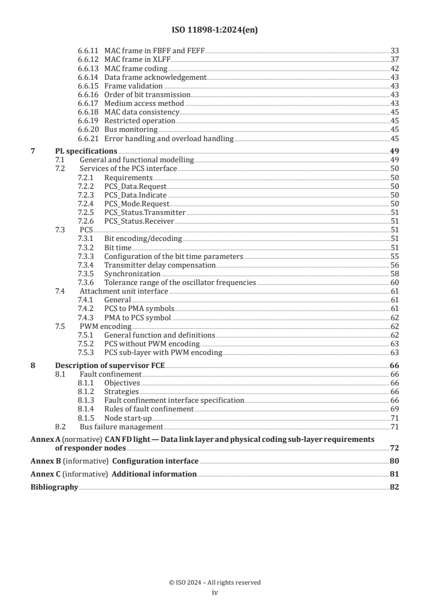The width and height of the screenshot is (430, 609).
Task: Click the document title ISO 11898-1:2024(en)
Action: tap(215, 30)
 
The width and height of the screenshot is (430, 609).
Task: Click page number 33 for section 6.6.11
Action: tap(395, 50)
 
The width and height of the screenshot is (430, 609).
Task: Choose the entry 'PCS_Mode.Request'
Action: tap(136, 204)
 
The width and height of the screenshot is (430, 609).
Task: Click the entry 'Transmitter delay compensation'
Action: tap(160, 265)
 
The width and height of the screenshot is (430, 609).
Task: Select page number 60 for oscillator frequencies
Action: tap(395, 283)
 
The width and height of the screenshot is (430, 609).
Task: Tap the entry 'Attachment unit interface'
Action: tap(116, 291)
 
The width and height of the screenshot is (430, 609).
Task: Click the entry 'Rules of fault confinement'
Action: tap(149, 408)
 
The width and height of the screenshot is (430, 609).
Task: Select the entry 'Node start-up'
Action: tap(128, 417)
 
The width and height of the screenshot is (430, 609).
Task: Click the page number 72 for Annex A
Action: tap(394, 448)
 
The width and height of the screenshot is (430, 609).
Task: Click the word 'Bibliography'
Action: tap(54, 487)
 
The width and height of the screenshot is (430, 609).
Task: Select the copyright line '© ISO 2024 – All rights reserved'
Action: tap(215, 582)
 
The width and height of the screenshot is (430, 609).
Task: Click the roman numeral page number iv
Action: tap(215, 593)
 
